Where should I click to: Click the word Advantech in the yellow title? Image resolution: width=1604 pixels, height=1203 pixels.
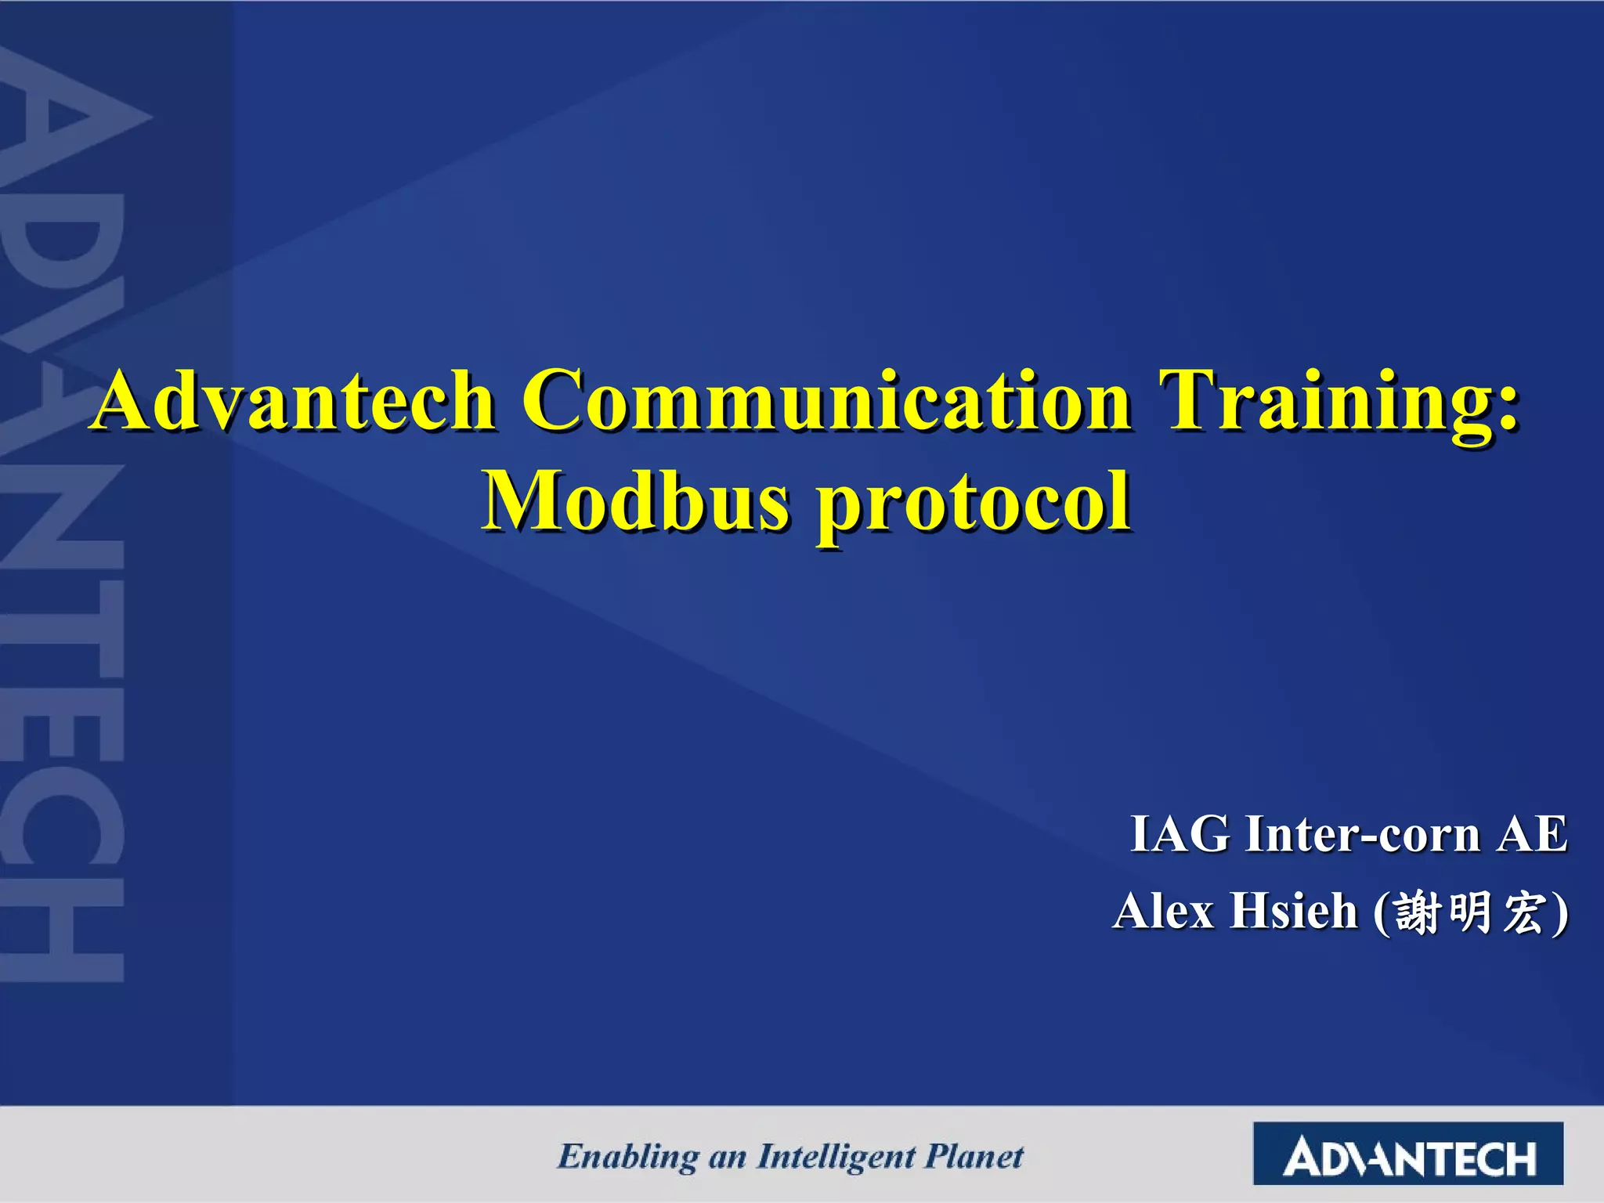click(294, 401)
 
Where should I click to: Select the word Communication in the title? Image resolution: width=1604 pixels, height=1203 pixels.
click(826, 401)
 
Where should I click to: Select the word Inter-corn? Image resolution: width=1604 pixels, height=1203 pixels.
click(1363, 835)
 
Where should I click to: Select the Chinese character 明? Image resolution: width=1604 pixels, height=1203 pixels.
click(1470, 913)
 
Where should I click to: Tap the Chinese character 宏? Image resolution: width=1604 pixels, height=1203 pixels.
click(1523, 913)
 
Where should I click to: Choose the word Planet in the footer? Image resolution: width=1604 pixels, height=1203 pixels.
click(974, 1157)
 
